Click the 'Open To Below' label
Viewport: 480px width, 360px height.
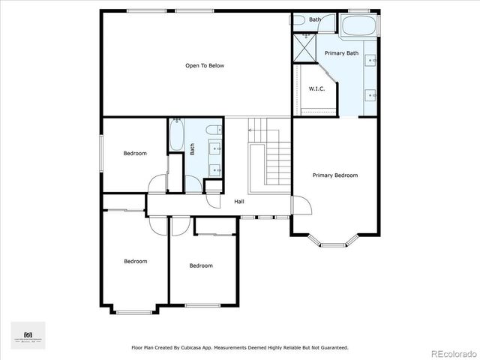coord(205,66)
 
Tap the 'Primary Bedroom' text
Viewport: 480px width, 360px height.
coord(335,175)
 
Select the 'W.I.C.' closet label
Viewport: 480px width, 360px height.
coord(316,89)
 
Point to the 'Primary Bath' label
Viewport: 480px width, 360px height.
coord(341,53)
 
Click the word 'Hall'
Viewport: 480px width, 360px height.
coord(239,202)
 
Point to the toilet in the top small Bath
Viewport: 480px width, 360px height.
coord(298,20)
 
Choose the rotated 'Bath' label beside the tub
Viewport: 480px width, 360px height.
coord(193,149)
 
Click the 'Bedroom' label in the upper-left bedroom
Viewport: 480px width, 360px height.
coord(135,154)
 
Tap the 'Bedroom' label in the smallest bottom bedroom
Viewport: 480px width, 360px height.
coord(201,265)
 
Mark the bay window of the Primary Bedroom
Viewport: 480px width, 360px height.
coord(334,242)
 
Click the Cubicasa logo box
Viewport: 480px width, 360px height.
coord(28,335)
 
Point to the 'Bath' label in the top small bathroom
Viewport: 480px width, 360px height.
coord(315,19)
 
